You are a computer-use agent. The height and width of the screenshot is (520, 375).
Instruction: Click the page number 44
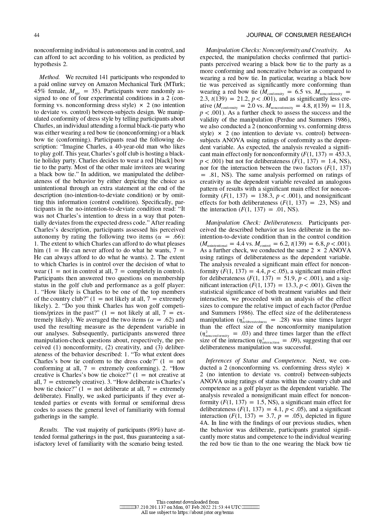click(x=36, y=35)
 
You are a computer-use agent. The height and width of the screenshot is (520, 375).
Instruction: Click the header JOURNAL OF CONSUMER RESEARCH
click(x=298, y=35)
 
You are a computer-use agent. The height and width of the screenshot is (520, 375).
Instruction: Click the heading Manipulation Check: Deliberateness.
click(x=254, y=223)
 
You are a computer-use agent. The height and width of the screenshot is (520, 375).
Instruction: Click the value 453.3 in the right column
click(x=343, y=154)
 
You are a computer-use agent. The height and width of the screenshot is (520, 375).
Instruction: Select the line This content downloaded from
click(x=187, y=502)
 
